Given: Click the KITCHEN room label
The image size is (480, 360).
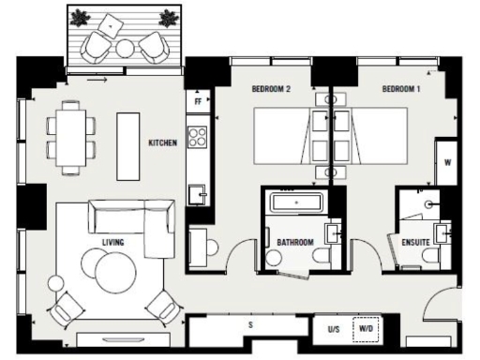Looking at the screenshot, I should pyautogui.click(x=163, y=143).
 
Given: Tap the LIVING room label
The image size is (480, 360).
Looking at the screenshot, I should pyautogui.click(x=113, y=242).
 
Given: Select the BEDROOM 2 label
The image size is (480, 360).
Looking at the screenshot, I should pyautogui.click(x=271, y=89).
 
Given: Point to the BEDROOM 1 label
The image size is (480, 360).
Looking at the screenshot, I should pyautogui.click(x=401, y=89).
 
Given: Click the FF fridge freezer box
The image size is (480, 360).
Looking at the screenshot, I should pyautogui.click(x=198, y=100).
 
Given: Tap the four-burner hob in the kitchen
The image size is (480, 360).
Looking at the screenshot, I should pyautogui.click(x=198, y=137).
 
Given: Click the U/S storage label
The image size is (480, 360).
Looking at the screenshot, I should pyautogui.click(x=333, y=330).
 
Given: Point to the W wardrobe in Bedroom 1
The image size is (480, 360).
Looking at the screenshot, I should pyautogui.click(x=446, y=162).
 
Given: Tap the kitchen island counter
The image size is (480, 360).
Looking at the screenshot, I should pyautogui.click(x=127, y=146).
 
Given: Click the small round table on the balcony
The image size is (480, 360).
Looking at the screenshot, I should pyautogui.click(x=125, y=48).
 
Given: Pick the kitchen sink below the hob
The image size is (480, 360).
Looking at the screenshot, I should pyautogui.click(x=198, y=195).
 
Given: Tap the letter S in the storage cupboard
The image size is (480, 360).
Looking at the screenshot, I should pyautogui.click(x=250, y=324).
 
